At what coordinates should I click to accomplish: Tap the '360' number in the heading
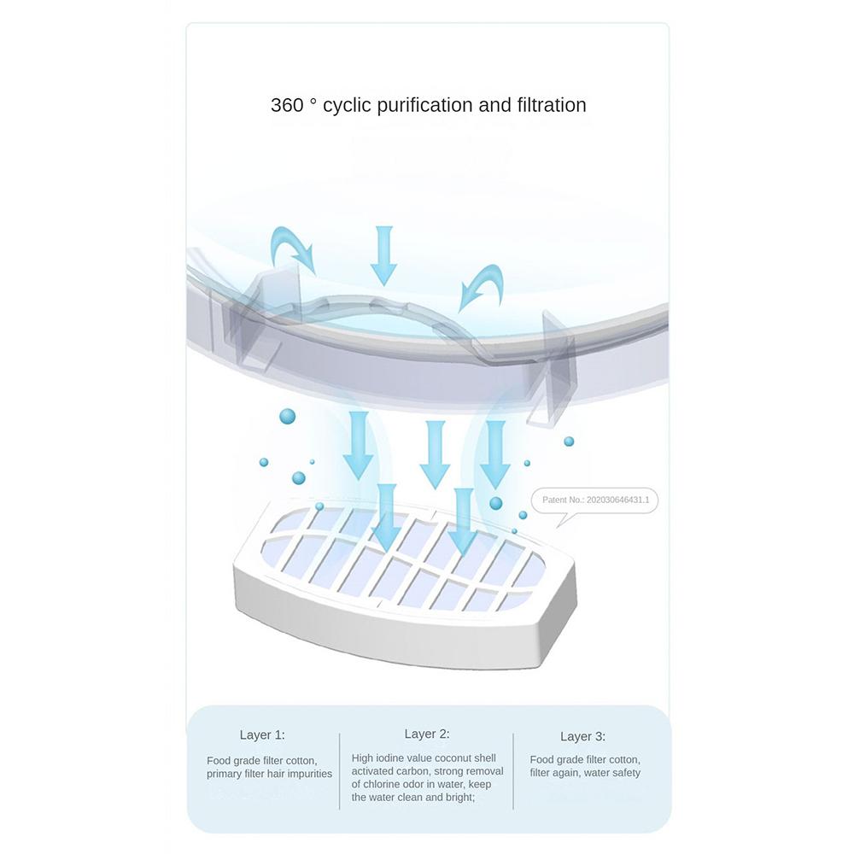[287, 104]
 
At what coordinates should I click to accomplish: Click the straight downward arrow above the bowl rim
[384, 255]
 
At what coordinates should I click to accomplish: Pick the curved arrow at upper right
[482, 286]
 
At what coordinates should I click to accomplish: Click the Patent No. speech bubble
[594, 501]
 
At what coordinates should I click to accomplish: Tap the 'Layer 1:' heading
[262, 734]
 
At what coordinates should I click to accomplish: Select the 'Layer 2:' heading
[427, 734]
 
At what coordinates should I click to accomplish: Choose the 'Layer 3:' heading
[582, 736]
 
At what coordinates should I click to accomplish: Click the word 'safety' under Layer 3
[626, 773]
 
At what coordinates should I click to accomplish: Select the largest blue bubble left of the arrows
[288, 417]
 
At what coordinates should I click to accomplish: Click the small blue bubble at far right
[569, 442]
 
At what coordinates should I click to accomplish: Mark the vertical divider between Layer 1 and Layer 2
[339, 770]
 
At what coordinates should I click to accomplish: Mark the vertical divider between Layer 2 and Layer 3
[513, 770]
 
